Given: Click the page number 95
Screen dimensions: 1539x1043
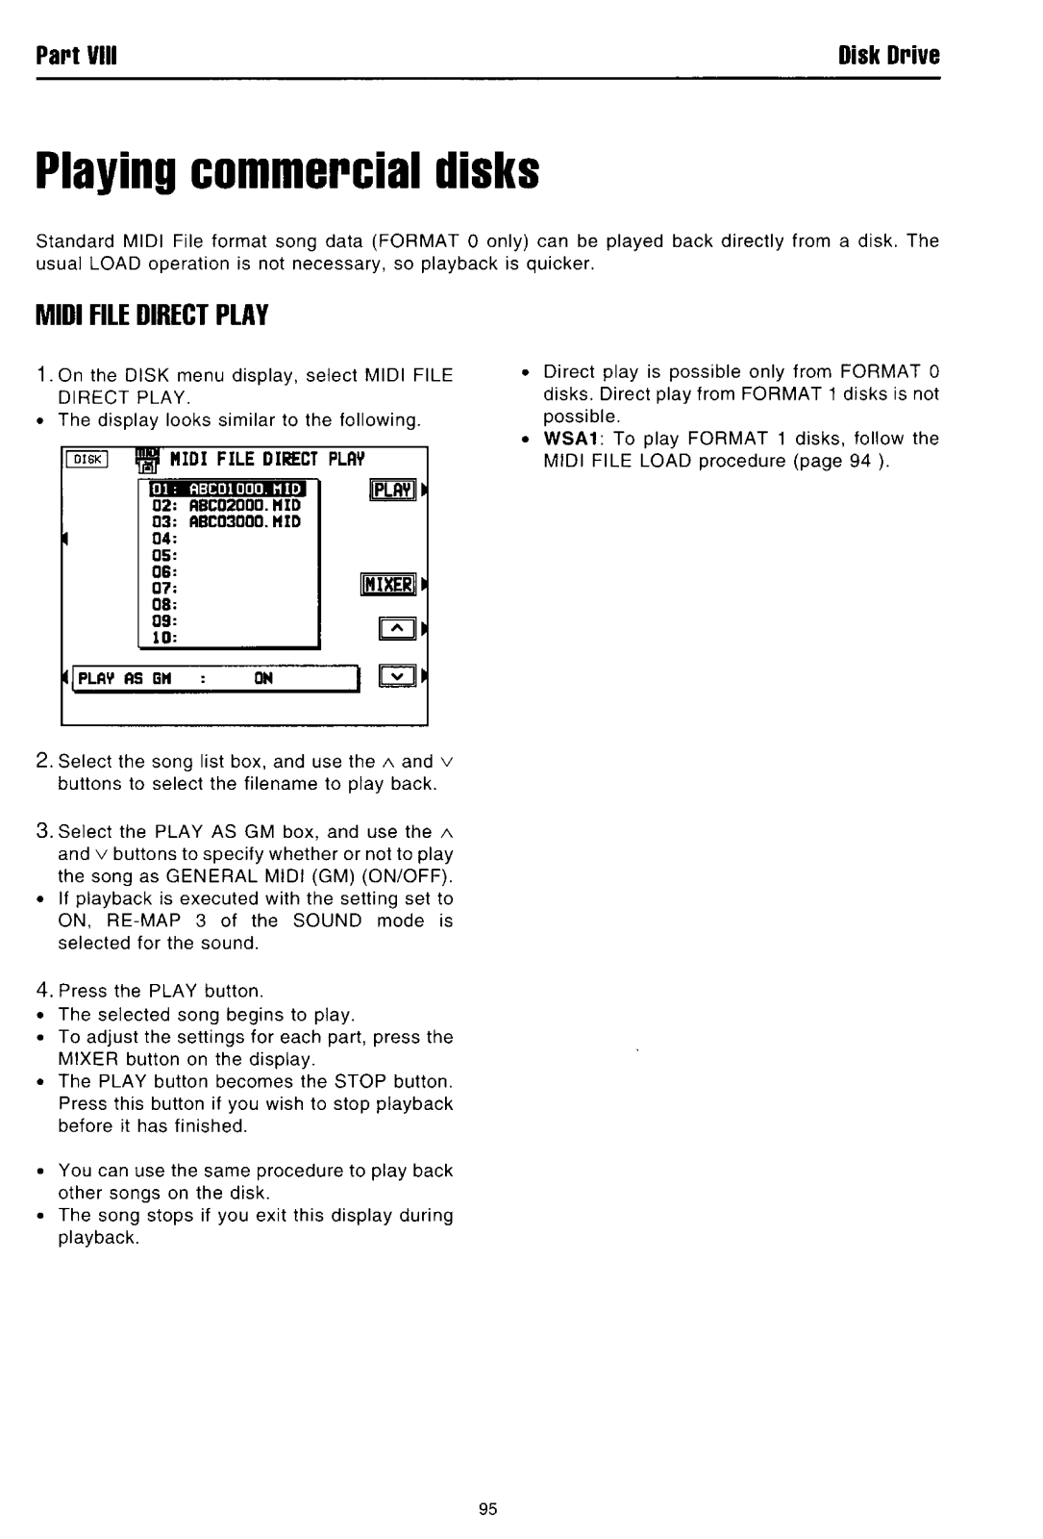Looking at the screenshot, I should click(x=486, y=1510).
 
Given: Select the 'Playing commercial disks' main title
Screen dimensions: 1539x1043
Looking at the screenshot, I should click(x=287, y=173).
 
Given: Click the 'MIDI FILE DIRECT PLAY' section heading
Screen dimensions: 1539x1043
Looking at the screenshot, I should click(x=151, y=315).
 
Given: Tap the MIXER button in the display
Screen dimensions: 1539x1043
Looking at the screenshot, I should click(x=385, y=585).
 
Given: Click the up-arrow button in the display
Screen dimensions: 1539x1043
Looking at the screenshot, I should click(x=396, y=630).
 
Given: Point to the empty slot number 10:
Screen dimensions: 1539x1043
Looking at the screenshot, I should click(x=161, y=637).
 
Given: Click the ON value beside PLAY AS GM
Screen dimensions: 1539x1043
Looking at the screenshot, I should click(x=263, y=677).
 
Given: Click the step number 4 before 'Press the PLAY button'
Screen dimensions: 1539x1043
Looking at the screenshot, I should click(x=43, y=990).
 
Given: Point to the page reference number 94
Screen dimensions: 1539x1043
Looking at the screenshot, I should click(x=858, y=461).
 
